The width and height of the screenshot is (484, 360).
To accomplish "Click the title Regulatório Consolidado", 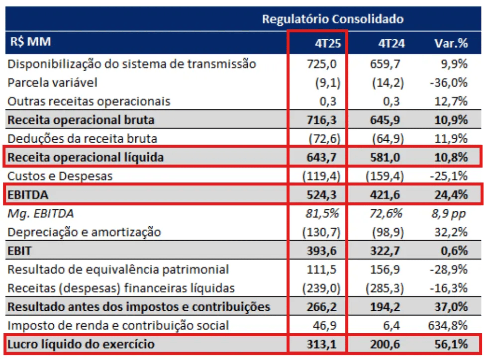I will (x=332, y=19).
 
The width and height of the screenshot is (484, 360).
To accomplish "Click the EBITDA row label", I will (x=28, y=194).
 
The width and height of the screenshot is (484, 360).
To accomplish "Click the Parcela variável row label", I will (x=52, y=83).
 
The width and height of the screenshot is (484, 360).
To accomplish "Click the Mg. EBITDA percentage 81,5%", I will (x=325, y=213).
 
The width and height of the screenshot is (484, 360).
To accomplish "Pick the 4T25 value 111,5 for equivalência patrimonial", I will (x=326, y=270).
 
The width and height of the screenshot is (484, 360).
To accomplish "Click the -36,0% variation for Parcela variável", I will (x=450, y=83).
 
